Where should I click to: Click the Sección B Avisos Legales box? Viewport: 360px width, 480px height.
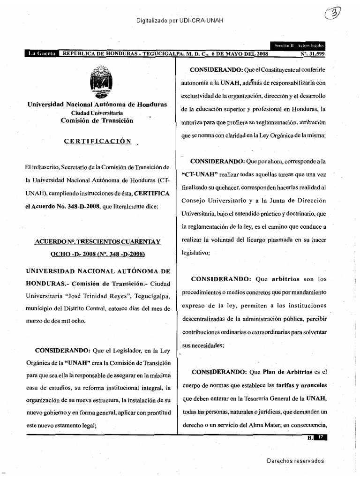[298, 46]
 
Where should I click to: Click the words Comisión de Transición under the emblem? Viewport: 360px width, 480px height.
[97, 120]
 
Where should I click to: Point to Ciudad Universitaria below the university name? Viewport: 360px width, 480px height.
[97, 113]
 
